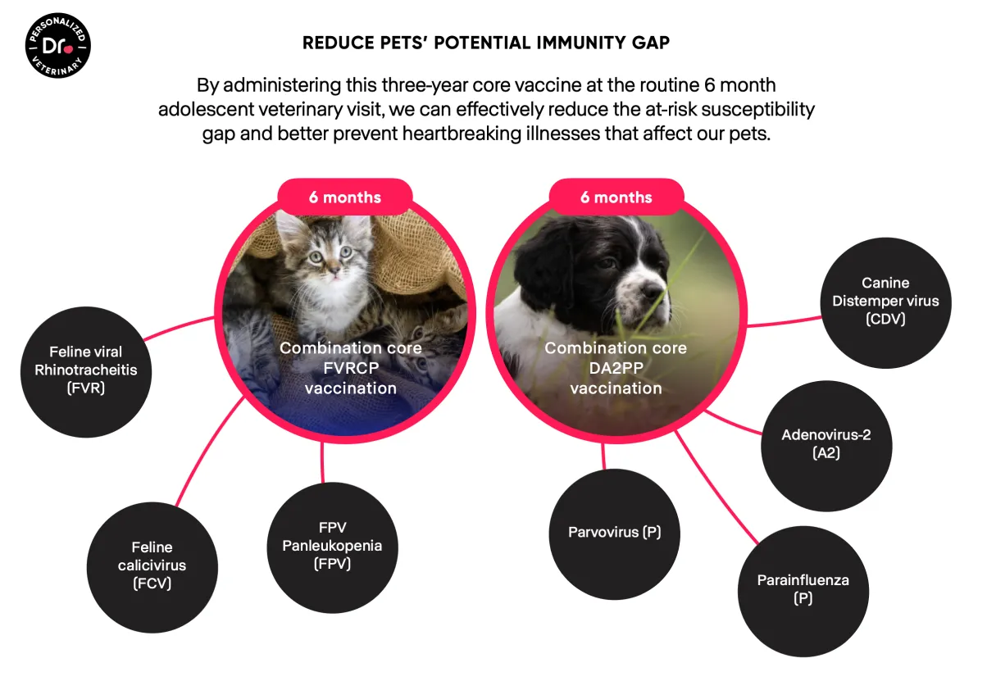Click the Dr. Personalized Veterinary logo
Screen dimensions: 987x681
(x=57, y=45)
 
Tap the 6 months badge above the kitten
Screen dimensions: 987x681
(x=345, y=197)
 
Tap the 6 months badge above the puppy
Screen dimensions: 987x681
(x=616, y=197)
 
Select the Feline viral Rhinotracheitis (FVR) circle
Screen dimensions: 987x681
(x=86, y=372)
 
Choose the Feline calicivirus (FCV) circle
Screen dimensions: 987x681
(x=152, y=567)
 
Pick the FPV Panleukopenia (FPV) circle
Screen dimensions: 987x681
(x=332, y=547)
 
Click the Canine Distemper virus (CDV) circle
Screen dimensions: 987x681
(x=885, y=302)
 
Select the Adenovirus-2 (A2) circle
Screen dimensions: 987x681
(x=826, y=446)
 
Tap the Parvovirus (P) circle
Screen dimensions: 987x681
(x=614, y=533)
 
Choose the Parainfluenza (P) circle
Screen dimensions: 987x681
(x=803, y=591)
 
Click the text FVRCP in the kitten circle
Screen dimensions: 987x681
(x=351, y=368)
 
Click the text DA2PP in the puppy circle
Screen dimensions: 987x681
(x=616, y=368)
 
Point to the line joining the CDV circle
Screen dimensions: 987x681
(x=785, y=322)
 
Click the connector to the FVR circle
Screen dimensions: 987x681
(x=178, y=326)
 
